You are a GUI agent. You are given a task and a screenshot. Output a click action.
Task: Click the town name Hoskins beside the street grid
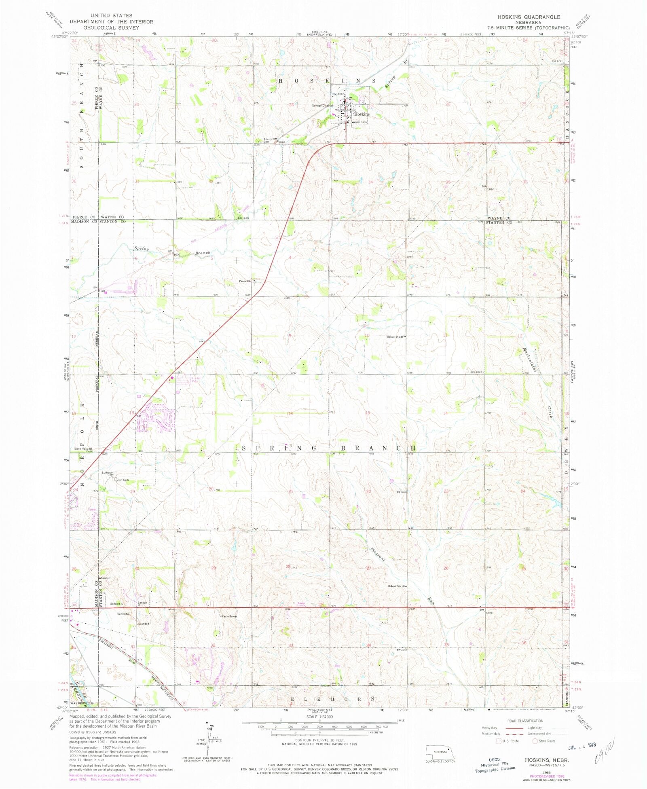pos(362,114)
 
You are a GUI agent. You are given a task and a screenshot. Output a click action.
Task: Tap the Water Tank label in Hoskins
pos(360,122)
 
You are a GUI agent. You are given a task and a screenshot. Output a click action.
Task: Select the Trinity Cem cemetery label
pos(268,140)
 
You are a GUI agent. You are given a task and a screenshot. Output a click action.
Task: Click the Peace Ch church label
pos(245,281)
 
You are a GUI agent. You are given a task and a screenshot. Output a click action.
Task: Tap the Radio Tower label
pos(229,616)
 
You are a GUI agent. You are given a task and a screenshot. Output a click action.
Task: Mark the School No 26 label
pos(395,336)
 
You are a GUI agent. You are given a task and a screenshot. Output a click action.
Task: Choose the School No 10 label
pos(396,586)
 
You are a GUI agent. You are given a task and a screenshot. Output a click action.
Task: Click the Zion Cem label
pos(123,480)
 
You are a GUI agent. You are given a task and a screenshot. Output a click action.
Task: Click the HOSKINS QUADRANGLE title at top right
pos(529,17)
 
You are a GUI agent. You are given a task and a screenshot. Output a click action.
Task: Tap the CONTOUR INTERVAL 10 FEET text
pos(320,740)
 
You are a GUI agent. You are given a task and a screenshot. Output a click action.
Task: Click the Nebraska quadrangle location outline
pos(440,752)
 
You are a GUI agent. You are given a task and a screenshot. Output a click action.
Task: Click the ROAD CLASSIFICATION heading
pos(525,721)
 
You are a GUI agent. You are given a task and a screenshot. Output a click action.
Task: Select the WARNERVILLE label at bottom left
pos(82,703)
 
